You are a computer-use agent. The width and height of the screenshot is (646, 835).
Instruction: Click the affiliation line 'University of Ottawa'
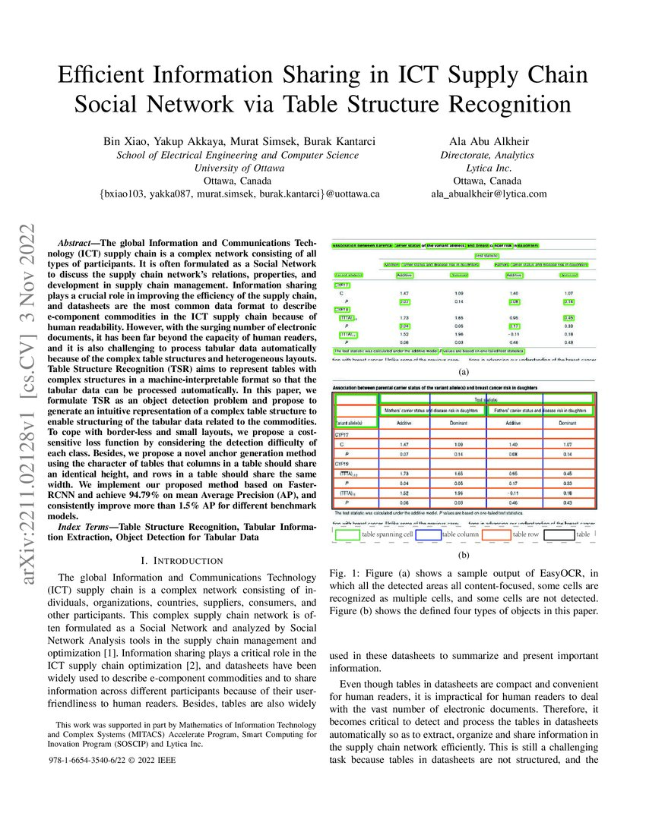239,168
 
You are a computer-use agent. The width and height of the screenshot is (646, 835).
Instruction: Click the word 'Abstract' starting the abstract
81,238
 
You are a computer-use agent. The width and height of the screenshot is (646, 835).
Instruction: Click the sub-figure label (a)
464,373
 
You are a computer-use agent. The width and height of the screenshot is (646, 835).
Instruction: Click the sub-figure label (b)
464,555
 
